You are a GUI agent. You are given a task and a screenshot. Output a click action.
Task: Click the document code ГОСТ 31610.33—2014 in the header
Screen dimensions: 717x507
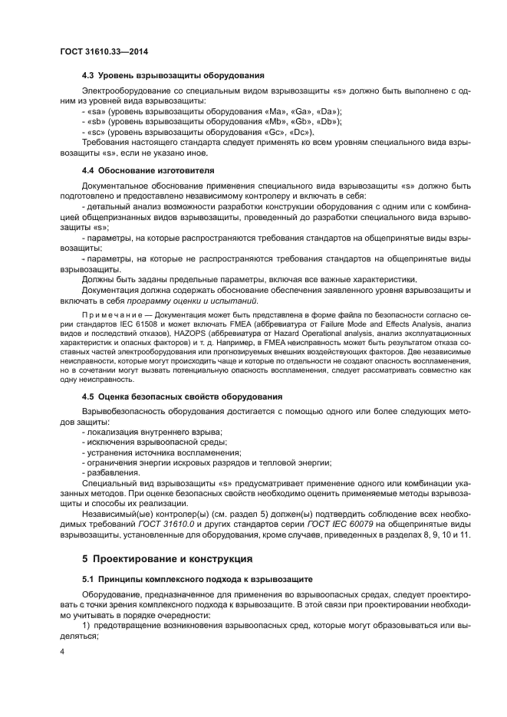[104, 51]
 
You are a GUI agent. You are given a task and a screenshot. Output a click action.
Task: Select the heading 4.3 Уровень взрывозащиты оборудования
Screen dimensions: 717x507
[173, 75]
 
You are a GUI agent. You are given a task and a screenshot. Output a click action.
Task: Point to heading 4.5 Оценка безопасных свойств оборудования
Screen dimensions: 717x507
[182, 396]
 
